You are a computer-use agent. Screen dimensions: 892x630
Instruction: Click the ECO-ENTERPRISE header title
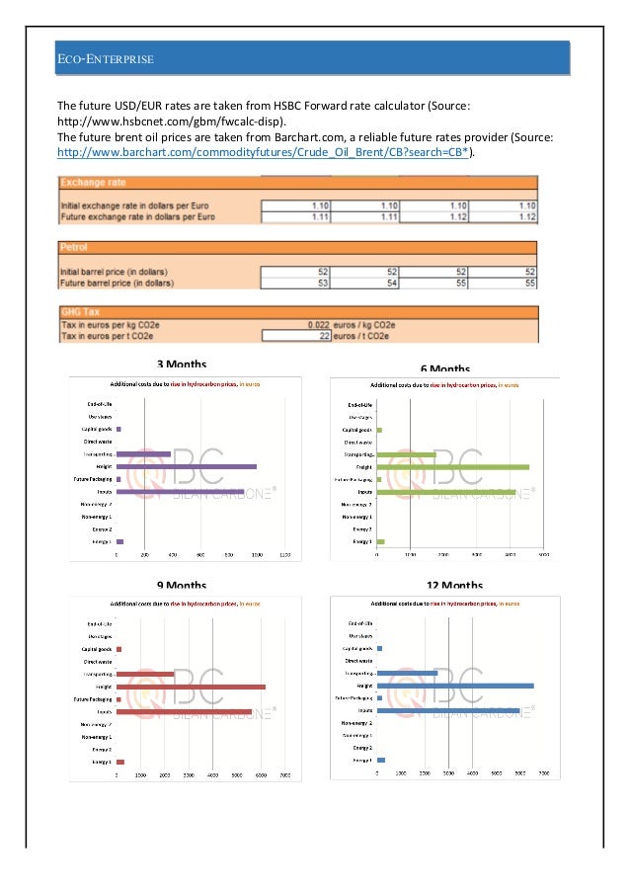[105, 60]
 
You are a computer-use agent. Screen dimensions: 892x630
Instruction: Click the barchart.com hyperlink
[265, 153]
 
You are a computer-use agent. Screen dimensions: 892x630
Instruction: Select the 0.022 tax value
[316, 325]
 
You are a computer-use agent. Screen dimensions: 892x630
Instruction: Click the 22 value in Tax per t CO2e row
[322, 336]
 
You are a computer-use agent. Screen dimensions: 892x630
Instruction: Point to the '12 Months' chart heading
[454, 586]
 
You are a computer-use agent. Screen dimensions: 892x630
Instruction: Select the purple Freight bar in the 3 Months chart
[187, 466]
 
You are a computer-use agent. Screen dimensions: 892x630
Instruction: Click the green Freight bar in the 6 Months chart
[453, 467]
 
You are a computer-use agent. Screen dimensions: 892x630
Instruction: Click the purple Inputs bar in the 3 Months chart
[180, 491]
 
